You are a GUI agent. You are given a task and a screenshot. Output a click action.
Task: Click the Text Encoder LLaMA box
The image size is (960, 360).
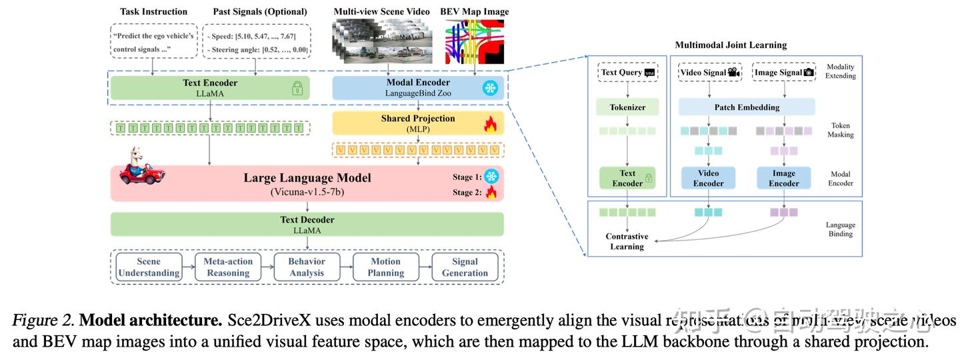210,88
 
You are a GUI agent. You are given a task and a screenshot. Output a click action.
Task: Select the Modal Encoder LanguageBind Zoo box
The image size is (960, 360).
418,88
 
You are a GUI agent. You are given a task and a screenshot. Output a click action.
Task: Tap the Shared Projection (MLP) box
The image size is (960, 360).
418,123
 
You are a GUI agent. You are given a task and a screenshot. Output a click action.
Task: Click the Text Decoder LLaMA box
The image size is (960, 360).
307,225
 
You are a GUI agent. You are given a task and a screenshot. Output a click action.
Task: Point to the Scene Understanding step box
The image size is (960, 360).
149,267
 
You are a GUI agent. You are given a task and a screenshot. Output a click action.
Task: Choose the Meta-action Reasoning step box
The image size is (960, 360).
227,267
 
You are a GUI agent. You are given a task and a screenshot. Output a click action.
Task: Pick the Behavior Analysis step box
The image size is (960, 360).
307,267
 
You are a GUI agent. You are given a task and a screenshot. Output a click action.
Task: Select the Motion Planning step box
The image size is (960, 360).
385,267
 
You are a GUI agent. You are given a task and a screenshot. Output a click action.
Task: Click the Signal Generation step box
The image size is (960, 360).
465,267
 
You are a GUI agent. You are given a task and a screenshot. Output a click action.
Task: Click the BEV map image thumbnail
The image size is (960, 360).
476,43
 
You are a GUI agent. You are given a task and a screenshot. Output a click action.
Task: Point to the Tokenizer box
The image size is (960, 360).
627,107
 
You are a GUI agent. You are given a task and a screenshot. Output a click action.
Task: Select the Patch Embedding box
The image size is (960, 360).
747,107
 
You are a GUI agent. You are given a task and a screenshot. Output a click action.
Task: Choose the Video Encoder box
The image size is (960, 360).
708,178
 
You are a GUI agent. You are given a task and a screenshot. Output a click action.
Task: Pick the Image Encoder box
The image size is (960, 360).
783,178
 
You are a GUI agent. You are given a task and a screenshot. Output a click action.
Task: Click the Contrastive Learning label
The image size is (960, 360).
627,241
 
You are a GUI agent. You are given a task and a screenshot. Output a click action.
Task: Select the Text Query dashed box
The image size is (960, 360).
627,73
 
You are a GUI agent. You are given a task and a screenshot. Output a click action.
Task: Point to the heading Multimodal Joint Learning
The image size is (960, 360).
731,45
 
